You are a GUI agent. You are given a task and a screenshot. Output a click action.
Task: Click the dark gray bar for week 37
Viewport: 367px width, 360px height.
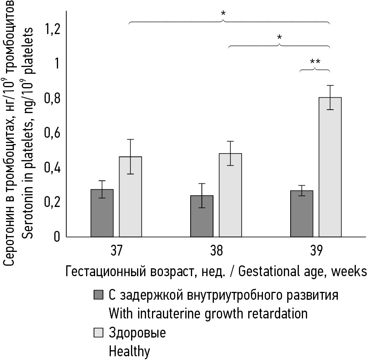pyautogui.click(x=102, y=213)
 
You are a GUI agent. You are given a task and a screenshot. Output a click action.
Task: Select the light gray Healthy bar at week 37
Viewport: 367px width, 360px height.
pyautogui.click(x=130, y=196)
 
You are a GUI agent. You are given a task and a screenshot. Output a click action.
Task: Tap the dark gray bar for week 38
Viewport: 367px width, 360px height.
pyautogui.click(x=202, y=216)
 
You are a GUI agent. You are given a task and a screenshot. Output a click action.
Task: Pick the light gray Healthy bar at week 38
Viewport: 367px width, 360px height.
pyautogui.click(x=230, y=195)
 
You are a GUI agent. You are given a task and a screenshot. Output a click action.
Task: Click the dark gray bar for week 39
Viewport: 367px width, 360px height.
pyautogui.click(x=302, y=214)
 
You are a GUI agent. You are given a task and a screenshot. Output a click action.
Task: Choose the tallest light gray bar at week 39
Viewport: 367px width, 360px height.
pyautogui.click(x=330, y=167)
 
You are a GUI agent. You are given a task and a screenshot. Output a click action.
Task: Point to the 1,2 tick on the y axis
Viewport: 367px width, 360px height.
pyautogui.click(x=52, y=30)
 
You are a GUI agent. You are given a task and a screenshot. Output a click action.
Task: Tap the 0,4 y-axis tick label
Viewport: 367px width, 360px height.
pyautogui.click(x=52, y=168)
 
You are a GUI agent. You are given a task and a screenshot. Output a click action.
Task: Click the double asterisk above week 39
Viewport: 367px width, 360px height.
pyautogui.click(x=315, y=62)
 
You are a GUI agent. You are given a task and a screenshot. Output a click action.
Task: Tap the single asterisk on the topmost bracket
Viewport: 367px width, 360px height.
pyautogui.click(x=223, y=14)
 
